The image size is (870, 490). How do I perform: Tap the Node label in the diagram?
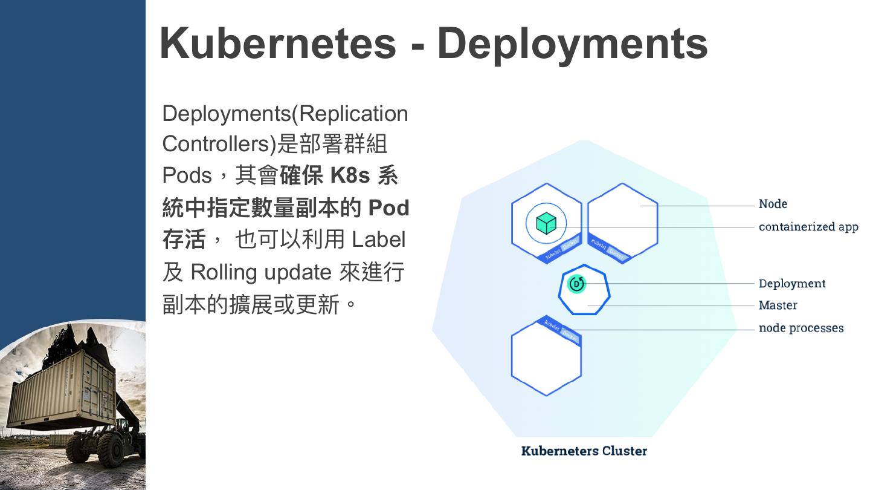click(x=773, y=204)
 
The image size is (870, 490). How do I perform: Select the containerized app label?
click(x=808, y=227)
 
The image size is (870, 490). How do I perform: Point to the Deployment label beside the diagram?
click(x=791, y=283)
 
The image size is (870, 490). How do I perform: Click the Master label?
click(x=778, y=305)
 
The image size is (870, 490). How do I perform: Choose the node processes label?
click(x=801, y=328)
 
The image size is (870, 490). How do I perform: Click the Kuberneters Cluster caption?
click(x=584, y=451)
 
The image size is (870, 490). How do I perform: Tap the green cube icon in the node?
click(x=546, y=223)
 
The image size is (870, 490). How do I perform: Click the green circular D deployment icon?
click(x=577, y=283)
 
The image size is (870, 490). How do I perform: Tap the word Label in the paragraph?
click(x=378, y=240)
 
